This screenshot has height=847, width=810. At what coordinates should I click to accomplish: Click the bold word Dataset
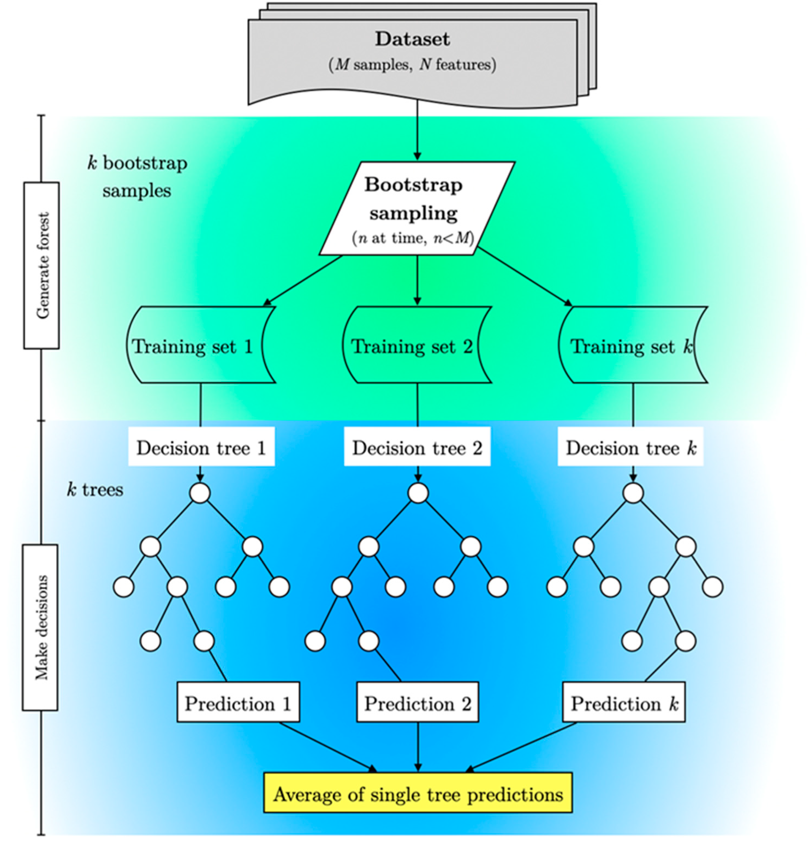click(x=412, y=39)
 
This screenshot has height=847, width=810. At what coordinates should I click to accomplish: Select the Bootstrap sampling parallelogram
click(x=417, y=208)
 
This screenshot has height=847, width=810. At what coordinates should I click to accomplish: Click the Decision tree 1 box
click(x=201, y=446)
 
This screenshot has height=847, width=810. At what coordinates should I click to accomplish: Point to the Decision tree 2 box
click(x=417, y=446)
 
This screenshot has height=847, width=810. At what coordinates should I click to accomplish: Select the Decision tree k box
click(x=630, y=446)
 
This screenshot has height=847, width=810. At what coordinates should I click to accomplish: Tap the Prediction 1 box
click(x=238, y=702)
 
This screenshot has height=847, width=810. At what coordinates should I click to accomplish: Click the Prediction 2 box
click(x=418, y=702)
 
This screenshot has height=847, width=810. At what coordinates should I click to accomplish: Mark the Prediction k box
click(x=624, y=702)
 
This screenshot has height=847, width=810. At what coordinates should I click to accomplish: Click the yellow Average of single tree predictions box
click(x=418, y=793)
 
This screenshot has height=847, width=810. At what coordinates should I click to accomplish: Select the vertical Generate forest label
click(x=42, y=265)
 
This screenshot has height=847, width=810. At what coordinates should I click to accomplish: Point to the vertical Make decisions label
click(x=40, y=627)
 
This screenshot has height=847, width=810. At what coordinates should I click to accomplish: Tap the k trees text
click(x=95, y=490)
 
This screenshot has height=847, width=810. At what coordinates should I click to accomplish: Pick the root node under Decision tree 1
click(x=200, y=493)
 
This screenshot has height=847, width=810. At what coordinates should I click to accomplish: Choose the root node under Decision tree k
click(x=633, y=493)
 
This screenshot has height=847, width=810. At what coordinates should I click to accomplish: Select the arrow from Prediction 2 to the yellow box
click(x=418, y=747)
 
